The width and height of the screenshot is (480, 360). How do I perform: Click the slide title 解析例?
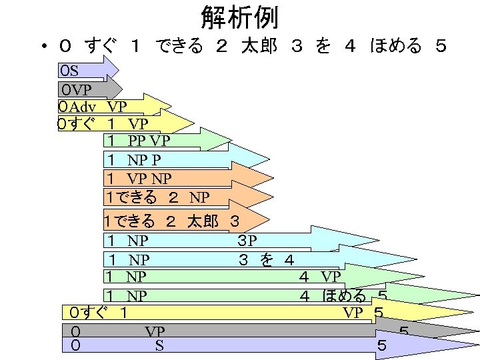239,17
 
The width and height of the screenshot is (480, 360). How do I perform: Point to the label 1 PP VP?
139,141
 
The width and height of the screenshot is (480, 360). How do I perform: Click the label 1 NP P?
133,160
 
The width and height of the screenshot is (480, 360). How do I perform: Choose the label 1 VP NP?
139,179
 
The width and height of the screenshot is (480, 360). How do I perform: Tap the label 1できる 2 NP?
157,197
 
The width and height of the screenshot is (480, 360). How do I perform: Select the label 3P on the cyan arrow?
247,240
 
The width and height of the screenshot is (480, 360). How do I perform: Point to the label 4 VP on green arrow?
320,277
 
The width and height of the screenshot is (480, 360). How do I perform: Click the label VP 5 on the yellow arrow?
363,312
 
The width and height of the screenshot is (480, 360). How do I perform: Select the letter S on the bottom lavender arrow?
159,345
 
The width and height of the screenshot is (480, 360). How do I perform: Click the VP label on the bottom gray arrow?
155,331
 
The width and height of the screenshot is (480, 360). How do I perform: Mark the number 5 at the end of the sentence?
441,47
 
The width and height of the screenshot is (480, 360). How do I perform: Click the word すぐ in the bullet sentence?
101,47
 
